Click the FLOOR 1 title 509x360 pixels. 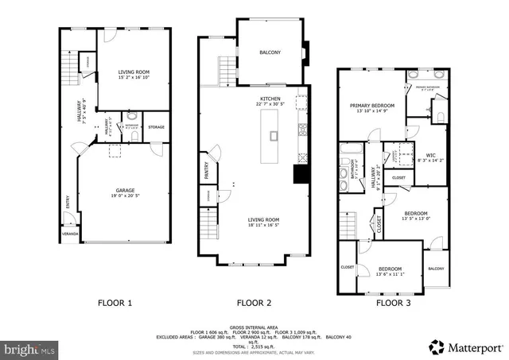coord(115,302)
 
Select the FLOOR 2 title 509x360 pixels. coord(254,302)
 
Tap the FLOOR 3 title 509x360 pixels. coord(394,302)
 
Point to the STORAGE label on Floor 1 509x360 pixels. coord(156,127)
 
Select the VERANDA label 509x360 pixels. coord(71,234)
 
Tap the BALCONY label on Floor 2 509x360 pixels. coord(270,52)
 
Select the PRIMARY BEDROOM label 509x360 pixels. coord(373,105)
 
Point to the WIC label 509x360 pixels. coord(430,155)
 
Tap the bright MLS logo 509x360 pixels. coord(29,347)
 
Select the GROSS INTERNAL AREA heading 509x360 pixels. coord(254,327)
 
